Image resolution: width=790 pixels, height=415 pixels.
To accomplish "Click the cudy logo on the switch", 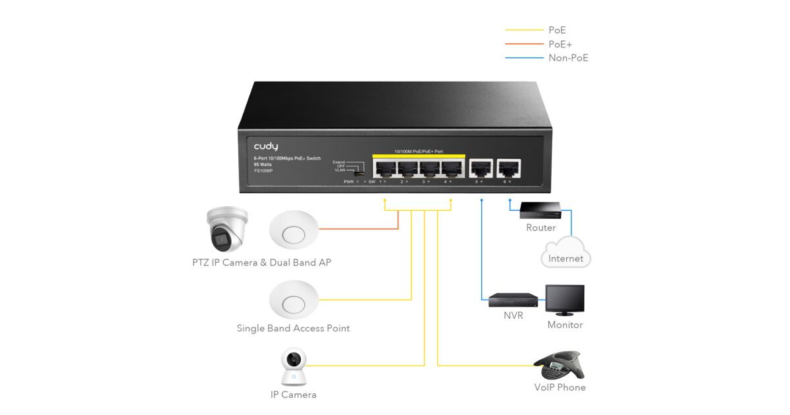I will coord(266,146).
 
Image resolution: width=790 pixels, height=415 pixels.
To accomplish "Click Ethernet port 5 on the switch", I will coord(482,168).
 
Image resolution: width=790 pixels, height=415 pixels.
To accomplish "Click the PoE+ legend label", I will coord(560,44).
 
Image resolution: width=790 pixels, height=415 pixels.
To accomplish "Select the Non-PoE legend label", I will coord(568,58).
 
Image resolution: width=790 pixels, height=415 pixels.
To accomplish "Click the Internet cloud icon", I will coord(566,256).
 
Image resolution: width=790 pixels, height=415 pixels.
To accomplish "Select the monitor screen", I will coord(564,300).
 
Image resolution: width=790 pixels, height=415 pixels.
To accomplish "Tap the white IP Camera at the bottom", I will coord(294,367).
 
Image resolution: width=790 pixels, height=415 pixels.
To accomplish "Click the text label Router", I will coord(540,228).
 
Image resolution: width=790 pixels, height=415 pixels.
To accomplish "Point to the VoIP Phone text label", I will coord(560,387).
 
